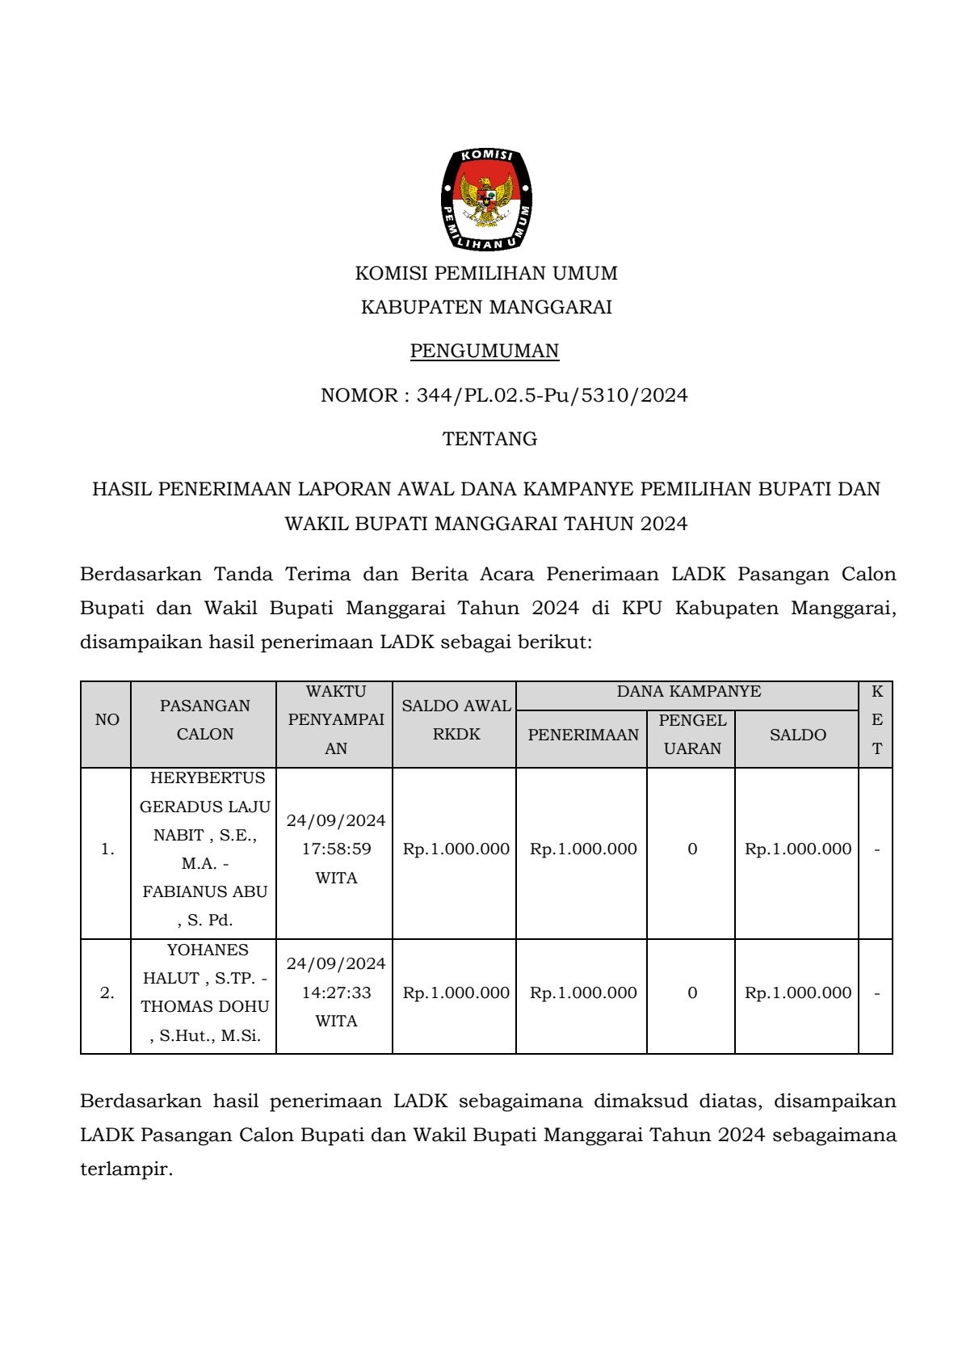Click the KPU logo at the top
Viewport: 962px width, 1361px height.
coord(486,199)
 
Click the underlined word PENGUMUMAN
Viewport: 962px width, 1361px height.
coord(485,351)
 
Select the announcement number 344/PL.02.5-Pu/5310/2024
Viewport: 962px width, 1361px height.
coord(552,395)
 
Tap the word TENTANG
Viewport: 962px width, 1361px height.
coord(489,439)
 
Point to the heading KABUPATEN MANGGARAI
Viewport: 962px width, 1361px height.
coord(485,307)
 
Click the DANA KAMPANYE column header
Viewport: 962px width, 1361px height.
coord(688,692)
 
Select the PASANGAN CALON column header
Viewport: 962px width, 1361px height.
coord(204,719)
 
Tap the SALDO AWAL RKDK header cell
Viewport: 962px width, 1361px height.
coord(456,719)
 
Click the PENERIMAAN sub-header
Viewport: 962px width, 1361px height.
coord(583,735)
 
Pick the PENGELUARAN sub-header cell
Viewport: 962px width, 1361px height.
coord(692,734)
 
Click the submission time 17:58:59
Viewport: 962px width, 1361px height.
coord(336,849)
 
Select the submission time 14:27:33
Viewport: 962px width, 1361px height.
coord(336,992)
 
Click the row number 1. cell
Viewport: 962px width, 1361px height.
coord(107,849)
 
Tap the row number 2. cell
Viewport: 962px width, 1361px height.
coord(107,993)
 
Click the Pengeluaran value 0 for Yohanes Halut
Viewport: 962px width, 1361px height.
coord(692,992)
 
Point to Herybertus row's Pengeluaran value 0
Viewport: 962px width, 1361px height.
coord(692,849)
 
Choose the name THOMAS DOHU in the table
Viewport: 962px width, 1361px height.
coord(205,1007)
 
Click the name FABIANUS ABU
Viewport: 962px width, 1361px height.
coord(205,891)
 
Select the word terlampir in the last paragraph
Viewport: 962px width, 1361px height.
coord(125,1169)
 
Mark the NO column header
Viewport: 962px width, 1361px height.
coord(107,719)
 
